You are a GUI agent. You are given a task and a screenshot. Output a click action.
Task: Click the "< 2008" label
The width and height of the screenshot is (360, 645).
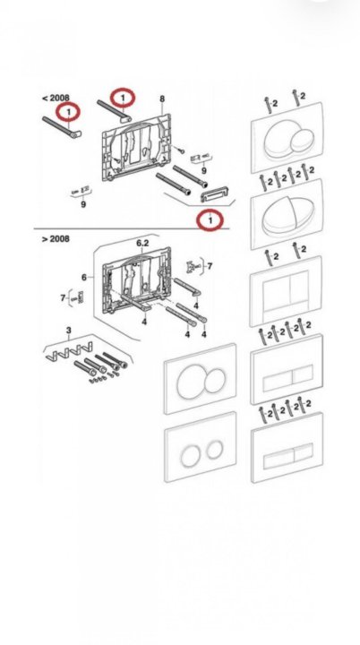click(56, 98)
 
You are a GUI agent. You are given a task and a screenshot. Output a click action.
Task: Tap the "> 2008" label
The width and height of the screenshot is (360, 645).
click(56, 238)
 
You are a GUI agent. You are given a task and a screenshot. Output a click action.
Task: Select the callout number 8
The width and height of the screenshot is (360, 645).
click(162, 99)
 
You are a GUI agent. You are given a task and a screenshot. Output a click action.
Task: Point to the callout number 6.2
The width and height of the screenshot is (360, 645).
click(142, 244)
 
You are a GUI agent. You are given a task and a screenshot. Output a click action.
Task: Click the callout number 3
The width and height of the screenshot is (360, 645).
click(69, 331)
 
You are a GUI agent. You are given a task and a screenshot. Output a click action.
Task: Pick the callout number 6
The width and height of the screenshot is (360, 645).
click(84, 278)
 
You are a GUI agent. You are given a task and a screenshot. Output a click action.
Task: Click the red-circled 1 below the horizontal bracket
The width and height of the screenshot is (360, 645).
click(210, 220)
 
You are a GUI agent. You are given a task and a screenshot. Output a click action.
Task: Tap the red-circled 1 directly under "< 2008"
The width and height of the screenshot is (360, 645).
click(68, 111)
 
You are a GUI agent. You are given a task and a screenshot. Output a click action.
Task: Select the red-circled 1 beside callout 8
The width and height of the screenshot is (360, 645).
click(123, 98)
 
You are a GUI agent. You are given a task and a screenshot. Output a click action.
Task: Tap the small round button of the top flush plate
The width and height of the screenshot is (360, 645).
click(303, 141)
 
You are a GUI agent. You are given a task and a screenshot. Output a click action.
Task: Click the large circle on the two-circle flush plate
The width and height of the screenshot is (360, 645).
click(191, 382)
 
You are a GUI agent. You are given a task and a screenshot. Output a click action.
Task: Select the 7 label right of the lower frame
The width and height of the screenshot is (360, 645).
click(210, 267)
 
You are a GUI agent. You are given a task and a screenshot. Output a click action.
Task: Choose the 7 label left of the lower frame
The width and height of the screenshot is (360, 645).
click(63, 297)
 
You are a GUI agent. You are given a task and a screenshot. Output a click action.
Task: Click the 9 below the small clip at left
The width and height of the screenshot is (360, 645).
click(83, 204)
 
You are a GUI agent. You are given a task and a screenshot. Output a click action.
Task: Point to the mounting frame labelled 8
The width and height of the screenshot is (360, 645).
click(136, 148)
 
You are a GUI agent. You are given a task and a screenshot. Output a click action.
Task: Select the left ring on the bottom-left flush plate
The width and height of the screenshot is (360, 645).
click(191, 456)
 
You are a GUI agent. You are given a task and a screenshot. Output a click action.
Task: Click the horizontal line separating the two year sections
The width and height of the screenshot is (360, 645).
click(132, 228)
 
